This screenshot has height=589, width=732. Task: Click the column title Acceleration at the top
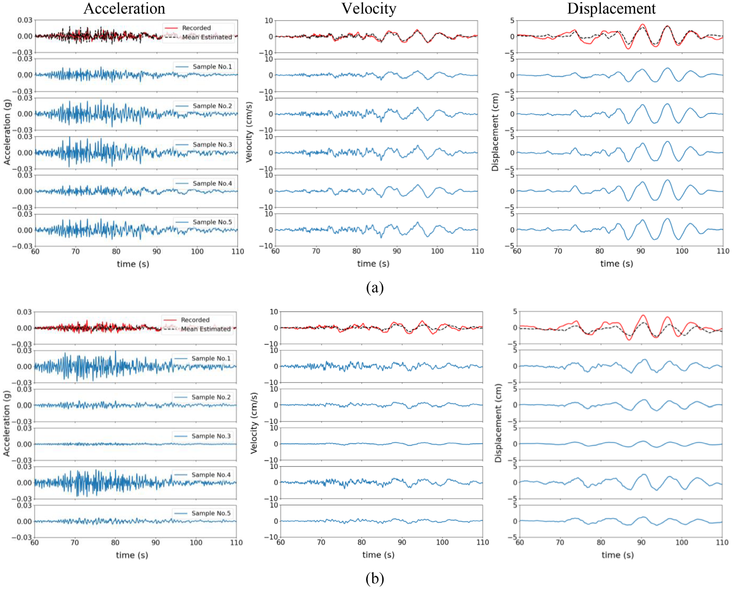tap(124, 9)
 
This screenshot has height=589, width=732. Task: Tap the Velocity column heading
tap(369, 9)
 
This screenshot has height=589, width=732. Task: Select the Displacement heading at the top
tap(611, 9)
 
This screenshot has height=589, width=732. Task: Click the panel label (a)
tap(375, 287)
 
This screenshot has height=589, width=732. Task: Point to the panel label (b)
tap(375, 578)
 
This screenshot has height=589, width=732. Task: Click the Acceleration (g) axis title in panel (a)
tap(7, 132)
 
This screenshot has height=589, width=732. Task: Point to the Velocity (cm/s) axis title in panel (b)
tap(254, 423)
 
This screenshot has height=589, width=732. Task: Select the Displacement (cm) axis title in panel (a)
tap(495, 132)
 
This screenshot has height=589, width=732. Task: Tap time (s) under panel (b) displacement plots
tap(617, 555)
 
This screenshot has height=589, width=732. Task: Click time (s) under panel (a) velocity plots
tap(373, 264)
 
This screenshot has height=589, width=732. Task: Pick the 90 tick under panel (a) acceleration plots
tap(157, 251)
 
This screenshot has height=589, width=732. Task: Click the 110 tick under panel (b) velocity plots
tap(483, 542)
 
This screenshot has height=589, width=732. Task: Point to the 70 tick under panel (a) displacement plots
tap(558, 251)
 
